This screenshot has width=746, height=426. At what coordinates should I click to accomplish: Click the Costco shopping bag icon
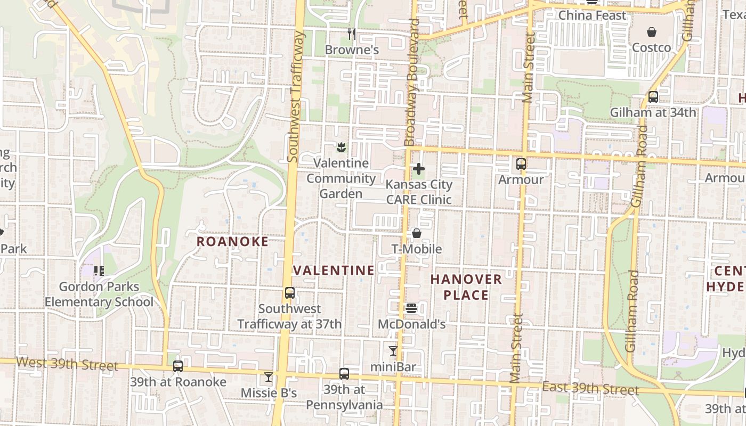[651, 32]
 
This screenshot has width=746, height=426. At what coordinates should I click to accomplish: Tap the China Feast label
[592, 15]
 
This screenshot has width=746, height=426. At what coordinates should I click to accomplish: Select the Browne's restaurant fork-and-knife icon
[351, 34]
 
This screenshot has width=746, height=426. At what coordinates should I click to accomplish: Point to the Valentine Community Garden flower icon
[341, 147]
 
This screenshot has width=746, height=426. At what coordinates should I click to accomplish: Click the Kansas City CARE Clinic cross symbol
[419, 169]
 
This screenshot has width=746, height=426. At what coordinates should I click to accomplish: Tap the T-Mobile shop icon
[417, 233]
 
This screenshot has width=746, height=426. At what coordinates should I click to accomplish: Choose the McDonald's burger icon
[411, 308]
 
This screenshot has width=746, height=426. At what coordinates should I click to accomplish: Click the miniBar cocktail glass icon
[393, 351]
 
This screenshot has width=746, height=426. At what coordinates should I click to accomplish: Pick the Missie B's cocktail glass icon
[269, 377]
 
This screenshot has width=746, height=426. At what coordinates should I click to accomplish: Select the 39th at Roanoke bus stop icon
[178, 366]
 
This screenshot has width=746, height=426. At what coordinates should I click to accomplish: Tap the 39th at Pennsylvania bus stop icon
[344, 374]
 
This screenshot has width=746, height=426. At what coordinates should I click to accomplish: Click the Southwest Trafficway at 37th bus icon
[290, 293]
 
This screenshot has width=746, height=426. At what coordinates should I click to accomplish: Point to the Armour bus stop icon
[521, 164]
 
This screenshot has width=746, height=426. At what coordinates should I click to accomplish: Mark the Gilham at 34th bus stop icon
[653, 97]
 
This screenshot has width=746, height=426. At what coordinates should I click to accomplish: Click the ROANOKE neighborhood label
[232, 242]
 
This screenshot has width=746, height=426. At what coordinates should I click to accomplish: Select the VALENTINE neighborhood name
[334, 271]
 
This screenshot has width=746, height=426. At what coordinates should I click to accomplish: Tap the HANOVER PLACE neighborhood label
[466, 287]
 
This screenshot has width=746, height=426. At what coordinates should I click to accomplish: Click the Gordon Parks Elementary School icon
[99, 271]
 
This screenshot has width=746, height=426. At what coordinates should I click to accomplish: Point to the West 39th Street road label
[67, 364]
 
